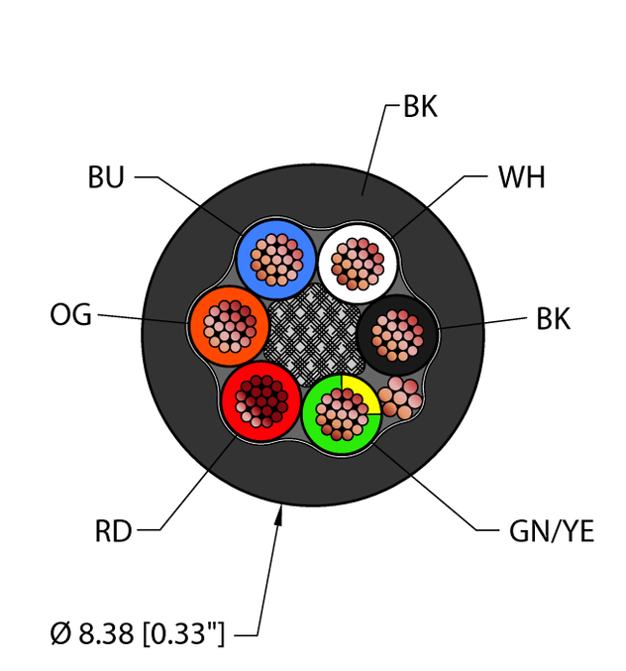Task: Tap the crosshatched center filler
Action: tap(313, 328)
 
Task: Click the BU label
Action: tap(106, 178)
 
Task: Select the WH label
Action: tap(521, 178)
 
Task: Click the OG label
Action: tap(70, 316)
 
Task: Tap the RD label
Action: tap(113, 532)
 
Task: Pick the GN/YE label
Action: tap(551, 532)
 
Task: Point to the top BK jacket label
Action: tap(420, 108)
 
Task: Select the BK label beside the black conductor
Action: tap(553, 319)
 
